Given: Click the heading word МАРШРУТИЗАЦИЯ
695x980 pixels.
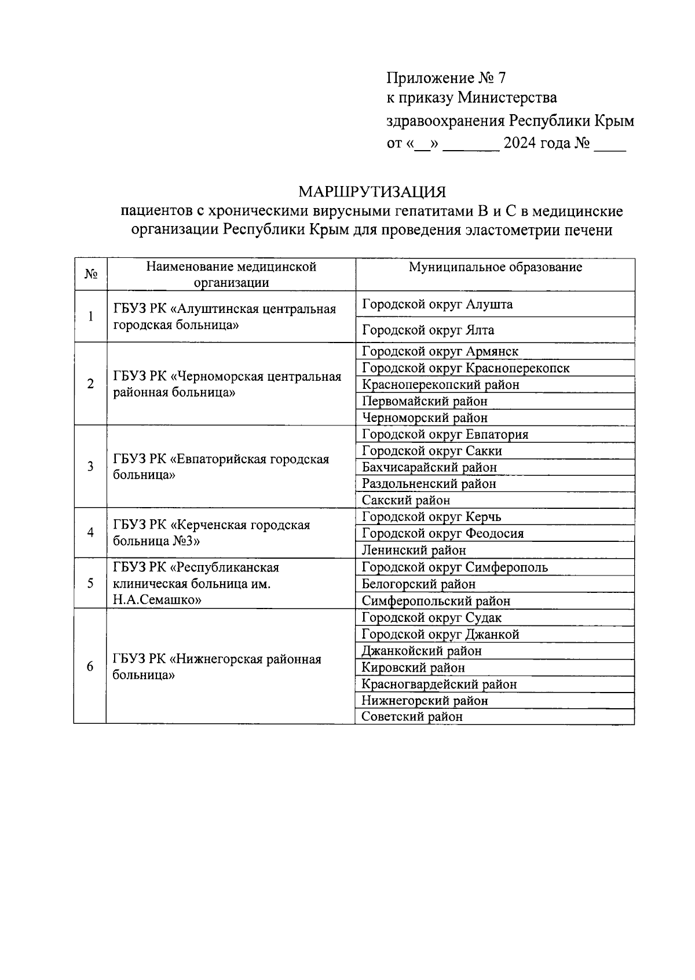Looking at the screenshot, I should tap(372, 192).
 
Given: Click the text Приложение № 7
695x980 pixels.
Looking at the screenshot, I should tap(446, 78).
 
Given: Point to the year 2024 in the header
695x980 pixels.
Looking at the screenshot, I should tap(519, 143).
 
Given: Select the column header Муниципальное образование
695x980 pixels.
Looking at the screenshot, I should tap(495, 267).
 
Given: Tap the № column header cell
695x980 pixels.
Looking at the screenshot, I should tap(90, 274).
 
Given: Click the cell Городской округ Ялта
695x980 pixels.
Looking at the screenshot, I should tap(428, 330).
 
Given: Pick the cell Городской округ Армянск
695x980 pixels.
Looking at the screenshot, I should tap(440, 351).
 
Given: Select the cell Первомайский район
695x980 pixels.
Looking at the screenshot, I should tap(425, 401).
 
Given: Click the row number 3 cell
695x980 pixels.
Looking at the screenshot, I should tap(90, 467).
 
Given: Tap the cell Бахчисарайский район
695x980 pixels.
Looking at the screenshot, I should tap(429, 467).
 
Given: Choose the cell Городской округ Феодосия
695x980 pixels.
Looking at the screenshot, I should tap(442, 533).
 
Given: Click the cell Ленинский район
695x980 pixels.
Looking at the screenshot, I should tap(414, 550).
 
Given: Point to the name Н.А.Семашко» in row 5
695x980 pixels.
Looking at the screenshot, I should tap(157, 600).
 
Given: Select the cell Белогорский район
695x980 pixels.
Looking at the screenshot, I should tap(418, 584).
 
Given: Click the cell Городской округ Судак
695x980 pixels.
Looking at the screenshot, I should tap(431, 618).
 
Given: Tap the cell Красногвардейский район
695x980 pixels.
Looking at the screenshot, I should tap(439, 684).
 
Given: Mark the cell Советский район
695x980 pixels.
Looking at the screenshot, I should tap(412, 717).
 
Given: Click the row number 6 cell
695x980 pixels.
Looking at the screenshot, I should tap(90, 666).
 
